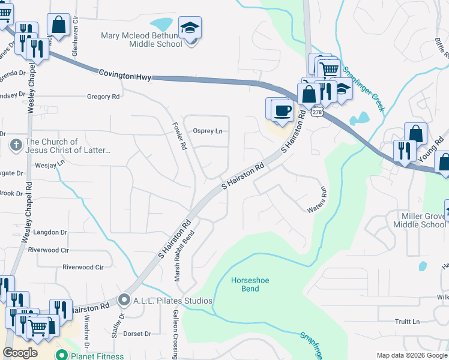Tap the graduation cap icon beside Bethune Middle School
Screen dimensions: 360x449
coord(190,28)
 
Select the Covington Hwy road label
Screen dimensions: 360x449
coord(125,74)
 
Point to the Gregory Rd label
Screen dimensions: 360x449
coord(103,96)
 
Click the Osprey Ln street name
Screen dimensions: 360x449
coord(207,131)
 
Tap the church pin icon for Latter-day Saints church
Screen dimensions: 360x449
coord(16,145)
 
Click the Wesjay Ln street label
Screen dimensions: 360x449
coord(50,163)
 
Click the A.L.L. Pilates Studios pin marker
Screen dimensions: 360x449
coord(124,299)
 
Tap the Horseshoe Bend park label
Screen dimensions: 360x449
coord(245,284)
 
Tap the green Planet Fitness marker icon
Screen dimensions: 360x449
coord(61,355)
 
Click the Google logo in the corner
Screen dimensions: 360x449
coord(20,353)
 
